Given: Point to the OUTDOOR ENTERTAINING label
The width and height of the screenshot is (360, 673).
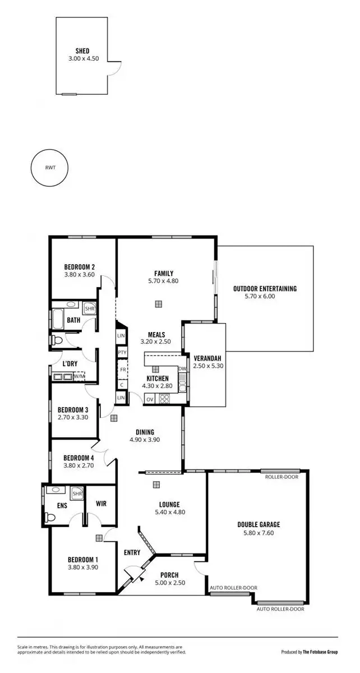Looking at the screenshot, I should (265, 289).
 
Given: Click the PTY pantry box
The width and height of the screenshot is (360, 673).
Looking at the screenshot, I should (122, 352).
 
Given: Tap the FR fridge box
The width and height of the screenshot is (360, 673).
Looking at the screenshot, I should (122, 370).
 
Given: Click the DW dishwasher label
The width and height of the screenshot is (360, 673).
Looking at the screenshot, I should (182, 368).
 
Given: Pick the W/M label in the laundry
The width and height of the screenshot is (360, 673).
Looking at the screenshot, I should (79, 376).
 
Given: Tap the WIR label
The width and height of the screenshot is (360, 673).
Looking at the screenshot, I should (101, 503).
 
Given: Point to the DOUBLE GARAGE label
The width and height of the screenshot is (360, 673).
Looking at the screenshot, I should (259, 525).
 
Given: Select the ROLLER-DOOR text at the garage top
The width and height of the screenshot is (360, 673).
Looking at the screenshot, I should (282, 477).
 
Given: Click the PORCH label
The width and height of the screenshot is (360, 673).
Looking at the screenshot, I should (169, 574).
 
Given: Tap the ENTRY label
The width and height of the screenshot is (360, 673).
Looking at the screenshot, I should (132, 552).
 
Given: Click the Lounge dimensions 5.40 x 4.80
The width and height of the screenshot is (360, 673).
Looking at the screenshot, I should (170, 511).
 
